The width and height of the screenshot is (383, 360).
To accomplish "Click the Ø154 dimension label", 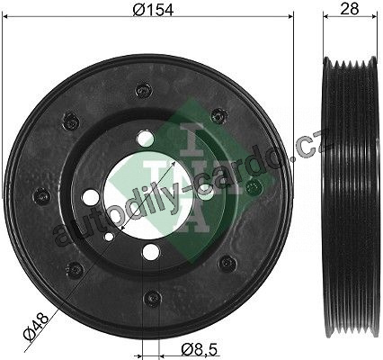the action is pos(153,9).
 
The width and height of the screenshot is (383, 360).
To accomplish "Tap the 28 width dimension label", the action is pos(350,9).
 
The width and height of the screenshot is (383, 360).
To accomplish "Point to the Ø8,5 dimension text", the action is pos(199,349).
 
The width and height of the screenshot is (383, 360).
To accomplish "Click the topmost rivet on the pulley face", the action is pos(143,90).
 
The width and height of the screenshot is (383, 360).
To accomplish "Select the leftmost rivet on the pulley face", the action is pos(41,196).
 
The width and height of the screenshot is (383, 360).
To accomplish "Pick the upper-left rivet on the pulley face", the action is pos(72,121).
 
